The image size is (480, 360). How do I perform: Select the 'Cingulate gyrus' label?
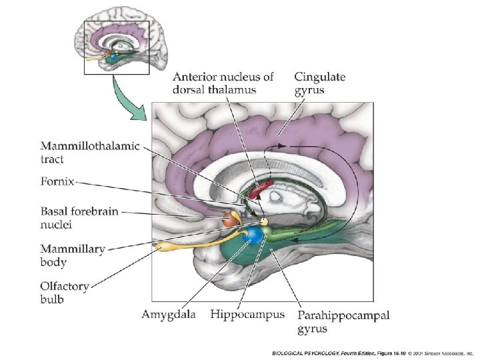(320, 83)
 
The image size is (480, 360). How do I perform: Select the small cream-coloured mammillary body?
(264, 221)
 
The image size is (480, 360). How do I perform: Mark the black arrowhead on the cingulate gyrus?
(283, 143)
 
